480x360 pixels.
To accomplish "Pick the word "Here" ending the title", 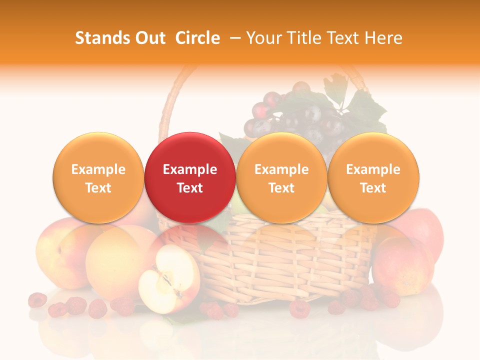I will click(384, 38).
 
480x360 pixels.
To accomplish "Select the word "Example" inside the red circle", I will click(190, 169).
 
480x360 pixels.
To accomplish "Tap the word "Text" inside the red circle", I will click(190, 188).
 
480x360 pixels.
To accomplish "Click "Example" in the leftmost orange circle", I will click(98, 169).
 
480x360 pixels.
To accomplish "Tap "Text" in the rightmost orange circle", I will click(373, 188).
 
